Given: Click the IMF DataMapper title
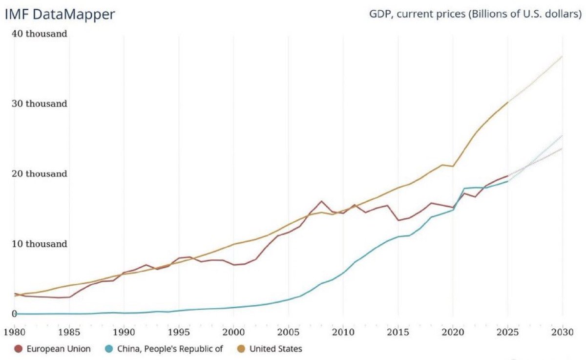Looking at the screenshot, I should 60,14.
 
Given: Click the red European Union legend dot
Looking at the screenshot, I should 19,349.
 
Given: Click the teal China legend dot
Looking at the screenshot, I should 110,349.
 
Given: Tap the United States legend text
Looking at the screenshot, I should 276,349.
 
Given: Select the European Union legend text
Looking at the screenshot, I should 59,349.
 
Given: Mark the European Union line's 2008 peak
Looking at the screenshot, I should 321,201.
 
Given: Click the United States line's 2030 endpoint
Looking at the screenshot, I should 563,56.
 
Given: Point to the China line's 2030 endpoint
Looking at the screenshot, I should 563,136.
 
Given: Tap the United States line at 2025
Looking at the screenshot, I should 508,102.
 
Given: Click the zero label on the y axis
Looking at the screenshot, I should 15,314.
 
